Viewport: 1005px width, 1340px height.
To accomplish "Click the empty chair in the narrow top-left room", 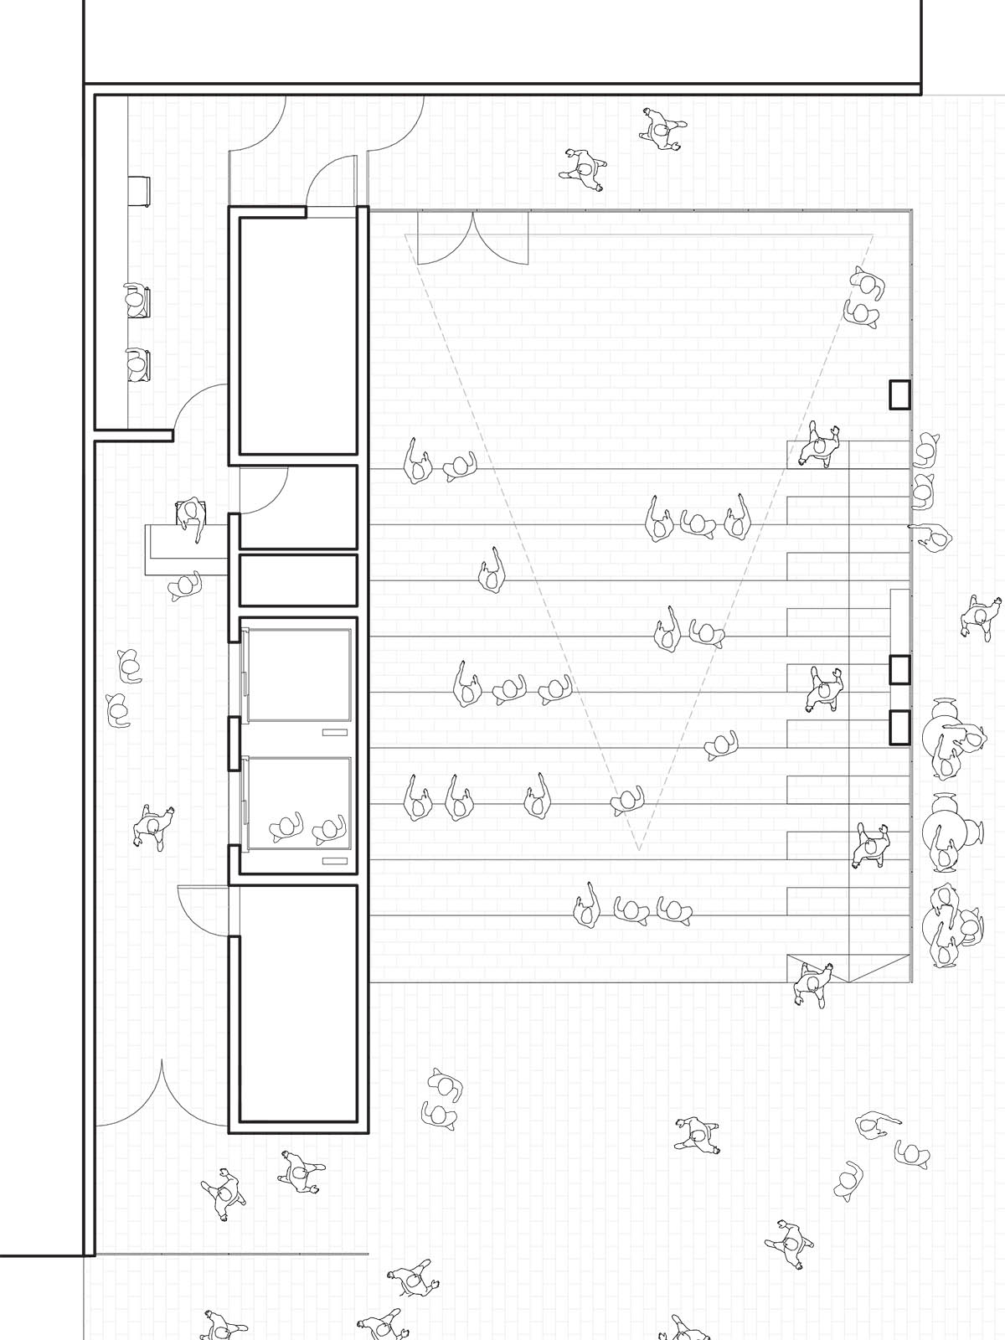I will point(139,192).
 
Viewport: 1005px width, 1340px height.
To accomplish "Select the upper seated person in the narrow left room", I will point(136,301).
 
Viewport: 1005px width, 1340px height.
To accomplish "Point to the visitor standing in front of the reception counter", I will point(186,585).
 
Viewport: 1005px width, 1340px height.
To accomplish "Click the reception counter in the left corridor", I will point(186,549).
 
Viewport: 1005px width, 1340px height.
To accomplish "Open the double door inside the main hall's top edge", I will point(473,239).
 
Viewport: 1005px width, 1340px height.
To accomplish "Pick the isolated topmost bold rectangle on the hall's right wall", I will point(899,394).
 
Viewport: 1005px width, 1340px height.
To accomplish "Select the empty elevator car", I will point(297,675).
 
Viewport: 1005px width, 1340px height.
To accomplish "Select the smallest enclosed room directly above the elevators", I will point(298,580).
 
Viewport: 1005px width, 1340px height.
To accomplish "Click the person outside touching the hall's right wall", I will point(930,536).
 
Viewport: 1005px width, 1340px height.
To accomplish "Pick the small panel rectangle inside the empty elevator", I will point(334,732).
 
